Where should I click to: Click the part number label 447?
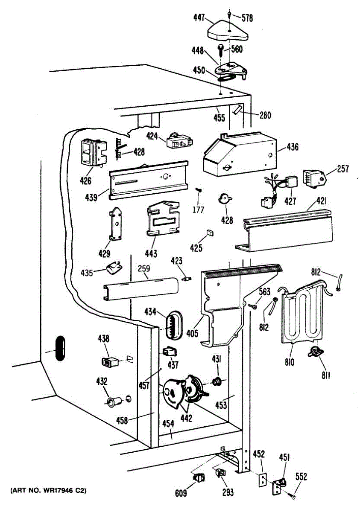[199, 17]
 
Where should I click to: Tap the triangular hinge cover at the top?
[229, 30]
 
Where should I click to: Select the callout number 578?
[247, 18]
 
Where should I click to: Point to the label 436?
[293, 147]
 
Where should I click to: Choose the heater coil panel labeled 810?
[304, 314]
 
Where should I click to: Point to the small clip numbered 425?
[210, 232]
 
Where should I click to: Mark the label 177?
[198, 209]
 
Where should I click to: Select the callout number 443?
[151, 254]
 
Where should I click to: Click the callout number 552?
[301, 477]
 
